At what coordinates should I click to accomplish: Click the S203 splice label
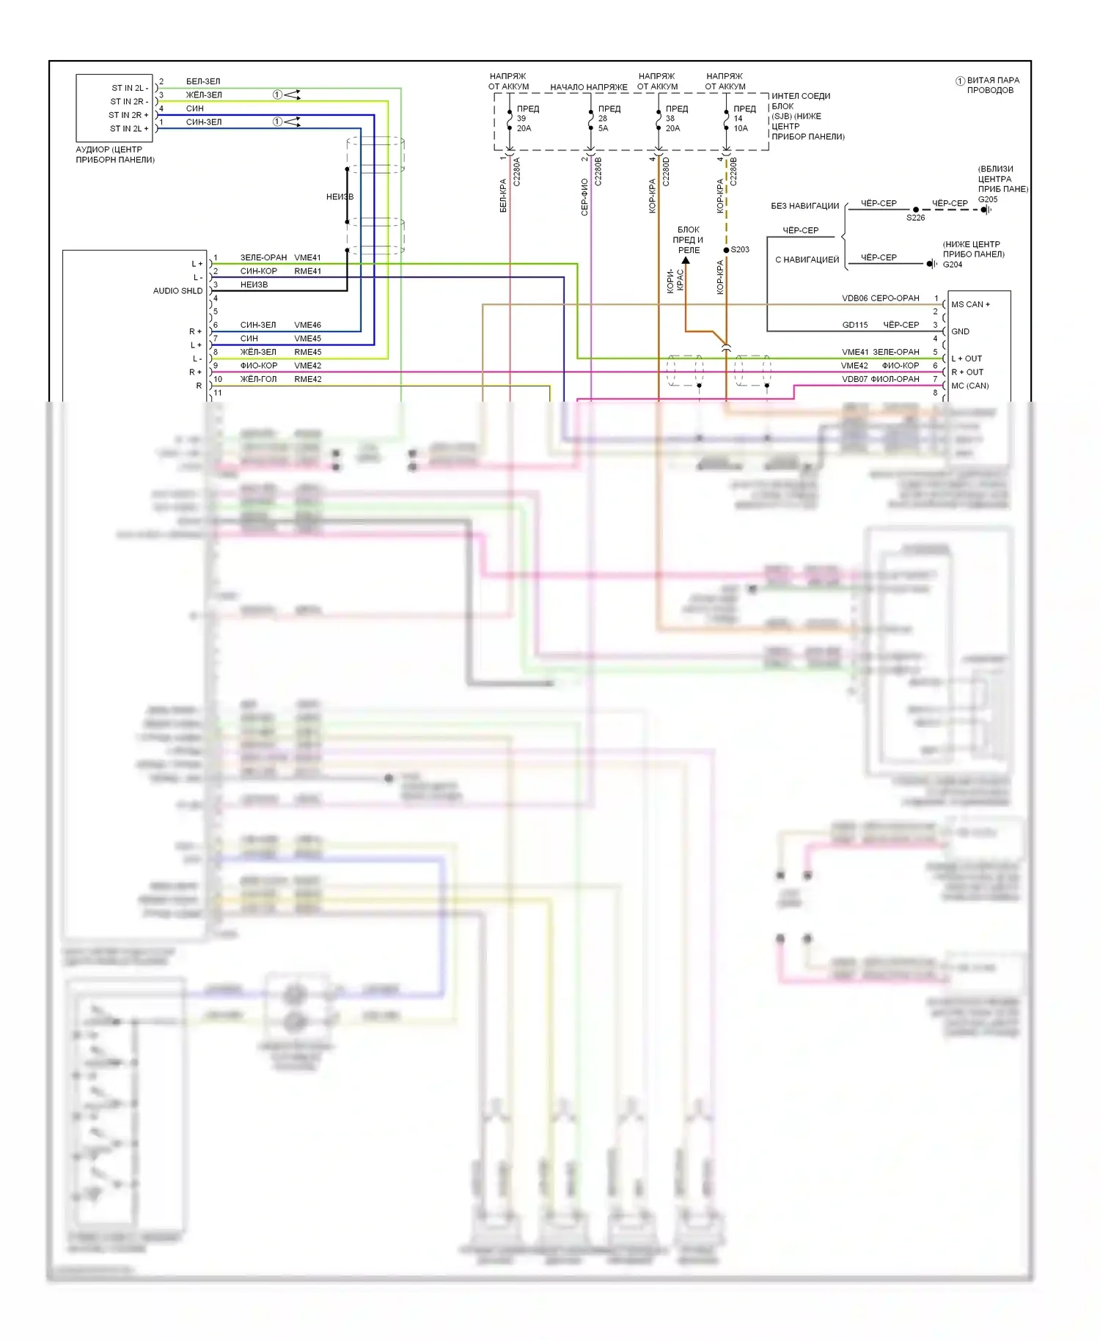click(740, 249)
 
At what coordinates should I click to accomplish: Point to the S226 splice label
click(915, 218)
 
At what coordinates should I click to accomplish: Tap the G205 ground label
click(988, 199)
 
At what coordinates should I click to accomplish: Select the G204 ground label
click(952, 265)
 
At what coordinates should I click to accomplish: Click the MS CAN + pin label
click(970, 304)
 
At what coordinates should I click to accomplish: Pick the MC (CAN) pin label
click(969, 386)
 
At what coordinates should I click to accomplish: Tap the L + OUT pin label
click(967, 358)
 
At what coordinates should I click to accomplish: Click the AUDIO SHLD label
click(177, 291)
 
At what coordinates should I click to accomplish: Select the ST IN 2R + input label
click(128, 115)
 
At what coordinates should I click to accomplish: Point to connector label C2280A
click(516, 172)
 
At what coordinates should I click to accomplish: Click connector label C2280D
click(666, 172)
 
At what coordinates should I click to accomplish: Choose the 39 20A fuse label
click(524, 123)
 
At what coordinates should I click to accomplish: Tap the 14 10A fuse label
click(741, 123)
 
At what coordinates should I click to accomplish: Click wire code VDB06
click(854, 298)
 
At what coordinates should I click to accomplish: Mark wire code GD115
click(854, 325)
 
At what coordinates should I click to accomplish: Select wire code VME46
click(307, 325)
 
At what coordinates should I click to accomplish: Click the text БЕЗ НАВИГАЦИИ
click(804, 206)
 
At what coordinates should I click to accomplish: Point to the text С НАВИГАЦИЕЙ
click(807, 259)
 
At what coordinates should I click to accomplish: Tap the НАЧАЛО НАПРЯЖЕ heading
click(588, 87)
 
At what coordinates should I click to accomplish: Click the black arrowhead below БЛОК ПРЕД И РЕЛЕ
click(686, 259)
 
